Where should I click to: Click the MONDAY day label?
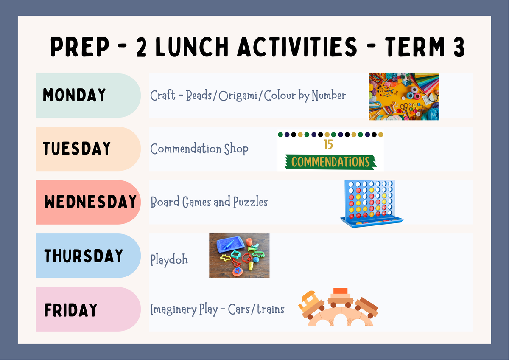(74, 95)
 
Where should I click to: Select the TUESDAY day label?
(77, 148)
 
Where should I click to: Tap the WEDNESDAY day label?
(90, 202)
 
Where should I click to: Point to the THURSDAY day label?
(84, 256)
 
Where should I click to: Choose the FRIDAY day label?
(71, 310)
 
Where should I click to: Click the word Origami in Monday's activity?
(238, 96)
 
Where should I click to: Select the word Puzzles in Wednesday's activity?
(250, 202)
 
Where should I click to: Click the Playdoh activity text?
(169, 260)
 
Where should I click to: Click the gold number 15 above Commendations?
(328, 144)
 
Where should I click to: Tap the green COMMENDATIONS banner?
(330, 162)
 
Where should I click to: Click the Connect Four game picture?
(372, 204)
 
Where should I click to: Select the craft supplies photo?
(404, 97)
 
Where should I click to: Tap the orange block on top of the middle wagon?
(340, 291)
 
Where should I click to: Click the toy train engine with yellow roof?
(311, 305)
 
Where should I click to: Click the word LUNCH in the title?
(192, 47)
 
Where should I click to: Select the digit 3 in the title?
(459, 47)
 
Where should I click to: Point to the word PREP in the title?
(80, 47)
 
